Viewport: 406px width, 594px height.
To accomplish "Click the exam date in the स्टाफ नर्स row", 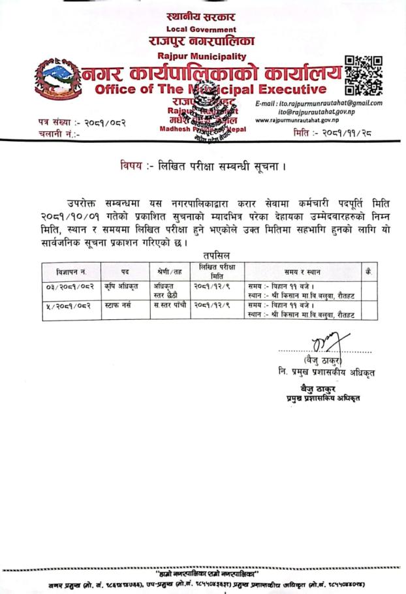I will (x=211, y=305).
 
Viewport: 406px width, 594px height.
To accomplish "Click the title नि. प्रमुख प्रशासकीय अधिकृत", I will (x=326, y=373).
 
